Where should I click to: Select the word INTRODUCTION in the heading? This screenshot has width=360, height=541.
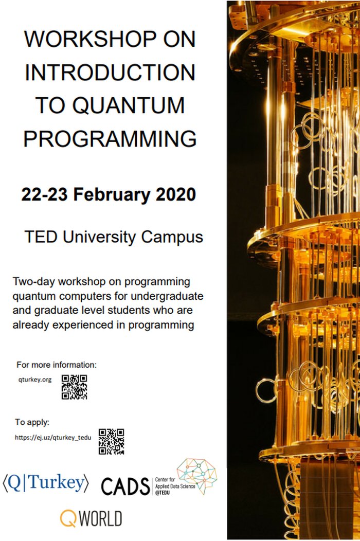click(110, 73)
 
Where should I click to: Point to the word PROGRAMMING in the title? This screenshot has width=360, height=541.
click(110, 138)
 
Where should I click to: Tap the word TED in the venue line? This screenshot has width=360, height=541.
click(40, 237)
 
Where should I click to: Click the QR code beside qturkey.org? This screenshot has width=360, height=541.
click(75, 387)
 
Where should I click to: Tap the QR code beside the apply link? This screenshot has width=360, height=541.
click(112, 441)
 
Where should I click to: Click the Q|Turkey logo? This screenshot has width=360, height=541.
click(46, 483)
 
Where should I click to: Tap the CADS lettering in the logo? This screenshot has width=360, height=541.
click(125, 485)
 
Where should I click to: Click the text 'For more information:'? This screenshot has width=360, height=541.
click(57, 365)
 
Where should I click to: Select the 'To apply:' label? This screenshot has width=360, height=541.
click(32, 422)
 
